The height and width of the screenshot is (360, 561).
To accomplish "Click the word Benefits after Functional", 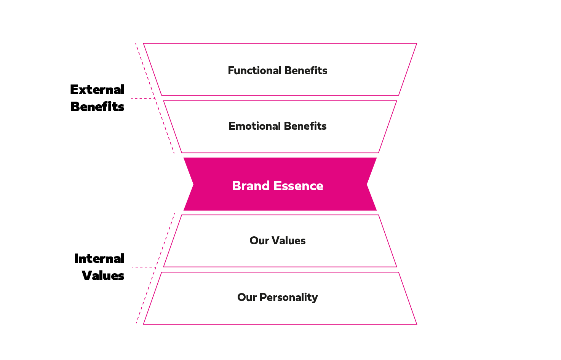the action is (x=306, y=70).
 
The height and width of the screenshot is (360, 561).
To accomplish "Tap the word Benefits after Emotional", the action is (x=305, y=126).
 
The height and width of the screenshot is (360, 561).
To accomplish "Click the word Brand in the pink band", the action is (x=251, y=186).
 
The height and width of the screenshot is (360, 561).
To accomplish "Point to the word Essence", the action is (x=298, y=186).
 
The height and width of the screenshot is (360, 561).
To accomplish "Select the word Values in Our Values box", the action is (x=289, y=241).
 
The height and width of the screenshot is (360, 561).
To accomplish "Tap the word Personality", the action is (x=289, y=298).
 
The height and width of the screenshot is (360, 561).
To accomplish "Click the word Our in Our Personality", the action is (x=247, y=298).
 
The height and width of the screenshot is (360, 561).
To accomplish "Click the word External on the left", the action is (x=97, y=89).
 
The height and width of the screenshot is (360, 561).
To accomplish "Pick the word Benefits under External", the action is (x=97, y=107).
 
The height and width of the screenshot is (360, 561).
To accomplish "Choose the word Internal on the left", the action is (x=99, y=259).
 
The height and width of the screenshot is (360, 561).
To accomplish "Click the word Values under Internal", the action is (x=103, y=276).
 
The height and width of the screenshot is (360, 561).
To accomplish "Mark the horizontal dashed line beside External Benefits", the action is (x=143, y=99).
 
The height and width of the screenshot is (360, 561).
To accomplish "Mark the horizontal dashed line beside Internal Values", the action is (x=144, y=268).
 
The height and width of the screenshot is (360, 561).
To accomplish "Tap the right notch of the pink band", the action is (x=367, y=185).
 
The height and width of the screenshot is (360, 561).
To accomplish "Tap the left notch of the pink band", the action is (x=193, y=185).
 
